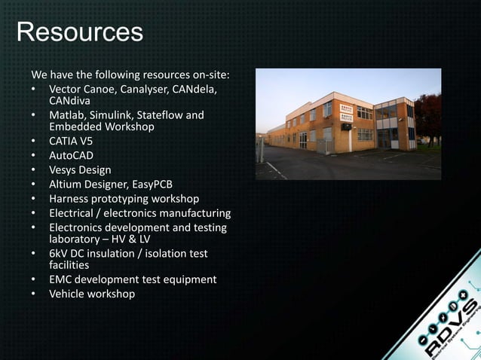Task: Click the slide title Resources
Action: (x=79, y=32)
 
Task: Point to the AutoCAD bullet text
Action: (x=72, y=155)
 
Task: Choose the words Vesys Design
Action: (x=80, y=169)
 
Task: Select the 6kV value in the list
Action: (x=60, y=254)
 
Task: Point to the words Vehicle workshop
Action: (x=92, y=294)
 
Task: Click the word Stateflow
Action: (x=157, y=115)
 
